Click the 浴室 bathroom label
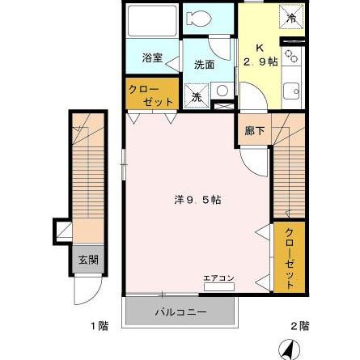150,57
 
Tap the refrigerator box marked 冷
291,16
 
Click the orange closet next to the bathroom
150,95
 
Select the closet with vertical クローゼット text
290,256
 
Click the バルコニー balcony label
179,311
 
